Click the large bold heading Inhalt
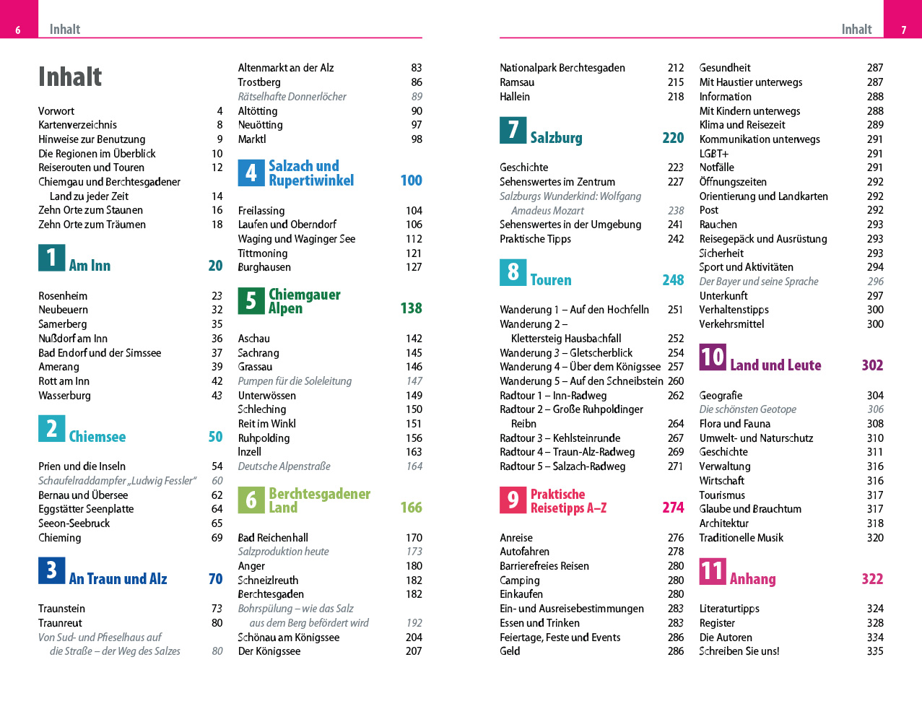[70, 77]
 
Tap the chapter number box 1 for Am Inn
[51, 258]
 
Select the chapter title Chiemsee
[97, 437]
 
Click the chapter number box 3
[51, 570]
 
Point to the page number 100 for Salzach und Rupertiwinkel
[411, 180]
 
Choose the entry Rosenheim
[63, 296]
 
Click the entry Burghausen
[264, 267]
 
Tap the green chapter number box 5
[251, 300]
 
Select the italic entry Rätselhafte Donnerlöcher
[292, 97]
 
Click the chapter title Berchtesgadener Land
[319, 500]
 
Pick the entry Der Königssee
[269, 651]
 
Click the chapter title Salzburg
[556, 138]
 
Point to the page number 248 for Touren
[673, 280]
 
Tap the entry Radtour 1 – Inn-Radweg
[553, 396]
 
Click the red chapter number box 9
[513, 500]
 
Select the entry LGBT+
[713, 154]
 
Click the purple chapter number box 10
[712, 357]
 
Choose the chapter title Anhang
[752, 579]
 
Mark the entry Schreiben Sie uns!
[739, 651]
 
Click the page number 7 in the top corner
[903, 30]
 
